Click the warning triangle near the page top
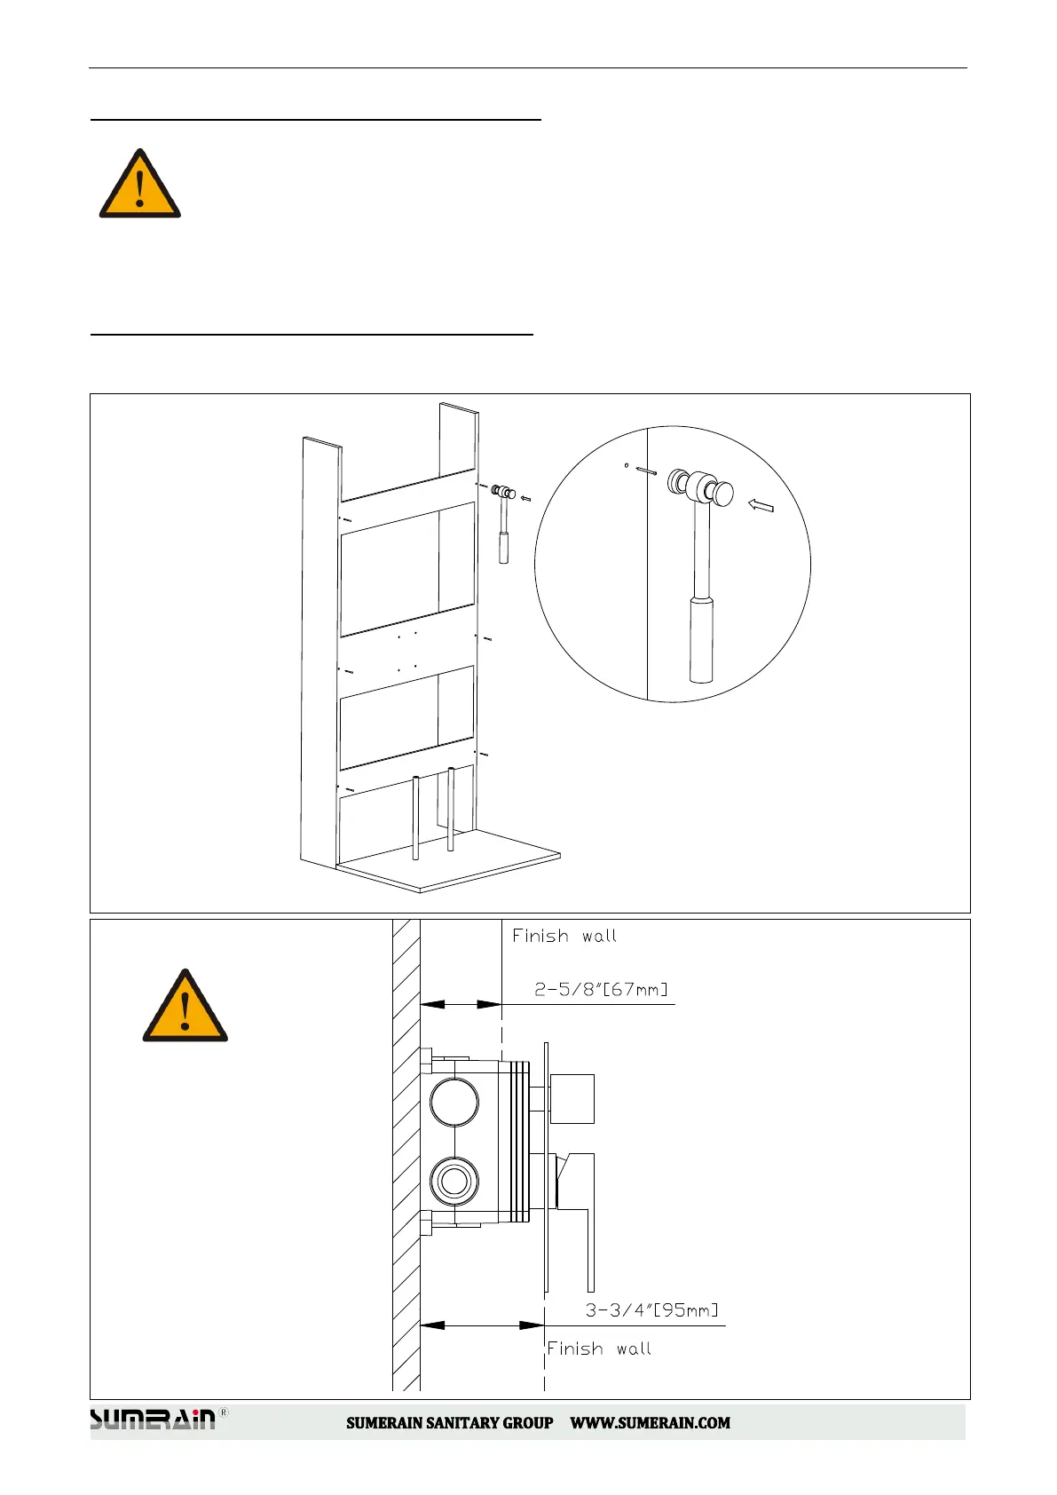139,185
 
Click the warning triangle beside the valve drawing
185,1008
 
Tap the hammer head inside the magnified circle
702,487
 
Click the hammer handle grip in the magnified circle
701,639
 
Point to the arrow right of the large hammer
761,506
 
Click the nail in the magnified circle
646,471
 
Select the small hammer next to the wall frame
504,524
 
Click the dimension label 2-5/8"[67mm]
601,989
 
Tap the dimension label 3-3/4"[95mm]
651,1310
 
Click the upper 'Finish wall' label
564,936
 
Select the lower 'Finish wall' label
599,1349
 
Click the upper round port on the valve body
454,1102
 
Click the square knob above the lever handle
572,1098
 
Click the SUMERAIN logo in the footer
154,1420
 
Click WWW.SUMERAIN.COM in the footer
650,1423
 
